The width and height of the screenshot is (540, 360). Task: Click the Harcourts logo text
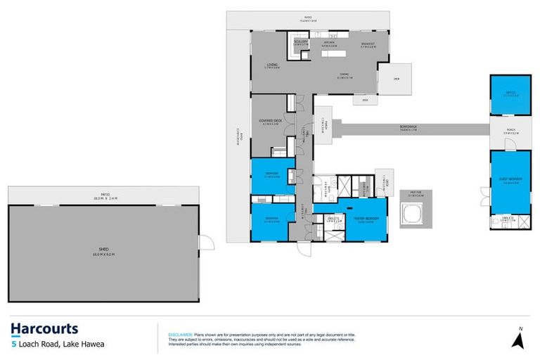(x=44, y=329)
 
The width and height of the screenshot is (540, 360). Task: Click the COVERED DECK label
(x=270, y=122)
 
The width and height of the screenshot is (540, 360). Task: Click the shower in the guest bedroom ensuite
(x=520, y=222)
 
